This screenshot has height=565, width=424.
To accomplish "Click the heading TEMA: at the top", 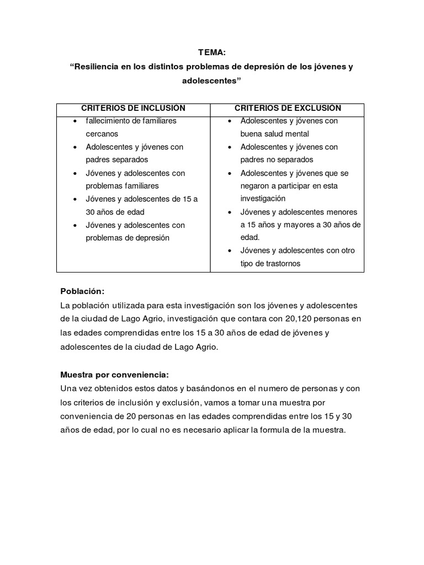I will (212, 52).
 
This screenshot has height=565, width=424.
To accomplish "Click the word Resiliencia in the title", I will (98, 67).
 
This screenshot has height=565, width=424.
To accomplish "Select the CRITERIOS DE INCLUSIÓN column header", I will (133, 108).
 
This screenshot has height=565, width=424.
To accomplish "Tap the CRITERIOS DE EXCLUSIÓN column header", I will (288, 108).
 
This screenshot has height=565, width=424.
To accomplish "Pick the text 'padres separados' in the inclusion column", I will (117, 160).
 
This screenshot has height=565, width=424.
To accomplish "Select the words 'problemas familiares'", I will (122, 186).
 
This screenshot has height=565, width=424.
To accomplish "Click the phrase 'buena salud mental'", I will (274, 134).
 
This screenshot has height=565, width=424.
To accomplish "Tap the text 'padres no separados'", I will (277, 160).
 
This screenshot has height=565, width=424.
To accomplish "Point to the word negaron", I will (256, 186).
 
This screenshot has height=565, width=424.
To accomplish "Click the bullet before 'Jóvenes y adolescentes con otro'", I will (230, 251).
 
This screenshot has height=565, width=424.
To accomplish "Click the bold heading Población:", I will (82, 291).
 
